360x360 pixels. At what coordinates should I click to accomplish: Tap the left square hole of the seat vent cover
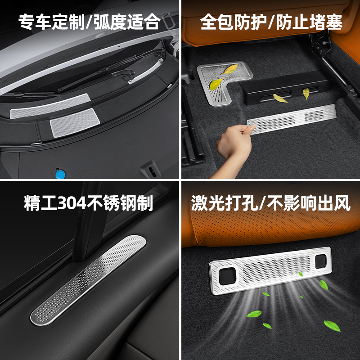pyautogui.click(x=224, y=272)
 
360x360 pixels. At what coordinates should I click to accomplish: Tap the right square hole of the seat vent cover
pyautogui.click(x=321, y=260)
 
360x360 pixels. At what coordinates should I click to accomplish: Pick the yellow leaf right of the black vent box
pyautogui.click(x=306, y=94)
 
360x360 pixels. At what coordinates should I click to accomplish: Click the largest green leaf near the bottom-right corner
pyautogui.click(x=332, y=325)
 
